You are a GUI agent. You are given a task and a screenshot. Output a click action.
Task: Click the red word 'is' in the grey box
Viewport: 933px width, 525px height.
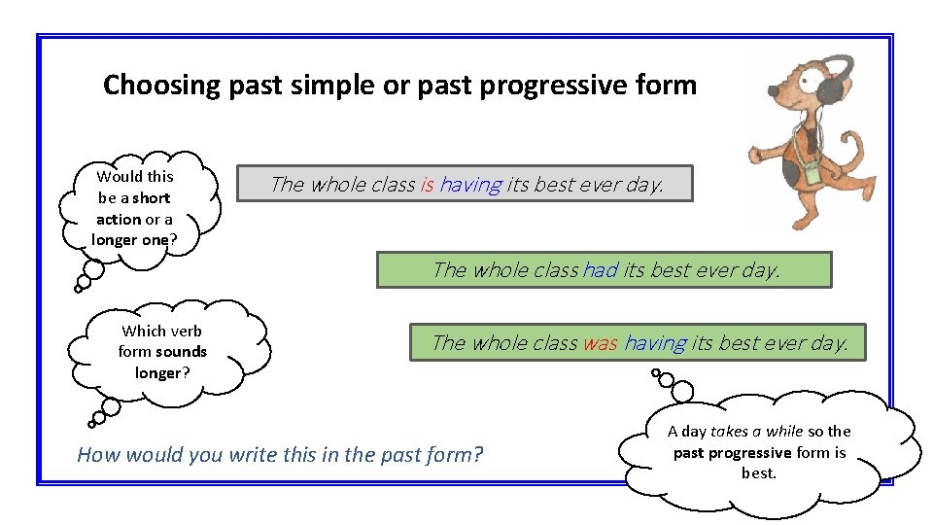[x=427, y=184]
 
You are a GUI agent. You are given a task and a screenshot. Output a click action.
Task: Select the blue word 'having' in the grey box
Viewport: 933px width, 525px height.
[x=470, y=184]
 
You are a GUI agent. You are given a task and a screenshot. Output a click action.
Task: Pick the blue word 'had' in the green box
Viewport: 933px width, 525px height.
[x=600, y=270]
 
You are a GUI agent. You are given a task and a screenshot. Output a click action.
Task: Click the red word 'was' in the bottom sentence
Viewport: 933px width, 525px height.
[x=600, y=342]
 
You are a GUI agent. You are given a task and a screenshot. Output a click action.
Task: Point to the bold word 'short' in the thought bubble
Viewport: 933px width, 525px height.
[x=152, y=197]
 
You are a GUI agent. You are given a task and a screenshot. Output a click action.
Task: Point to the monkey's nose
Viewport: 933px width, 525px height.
[x=772, y=93]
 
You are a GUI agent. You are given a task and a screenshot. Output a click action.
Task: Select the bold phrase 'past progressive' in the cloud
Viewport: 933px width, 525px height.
[x=732, y=453]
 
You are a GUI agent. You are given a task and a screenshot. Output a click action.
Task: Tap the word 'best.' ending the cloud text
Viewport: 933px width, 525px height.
[x=759, y=473]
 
